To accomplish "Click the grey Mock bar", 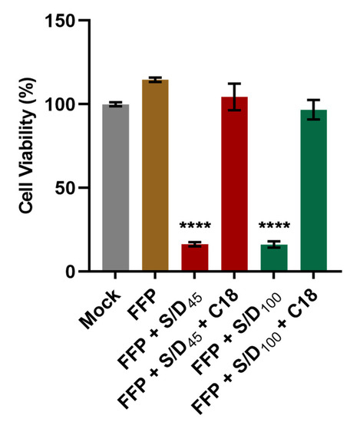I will click(115, 188).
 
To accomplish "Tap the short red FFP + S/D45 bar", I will click(194, 258).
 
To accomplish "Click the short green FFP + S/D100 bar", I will click(274, 258).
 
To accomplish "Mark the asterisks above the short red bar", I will click(194, 227).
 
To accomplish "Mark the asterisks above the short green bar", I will click(274, 227).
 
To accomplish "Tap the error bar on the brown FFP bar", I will click(154, 80).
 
